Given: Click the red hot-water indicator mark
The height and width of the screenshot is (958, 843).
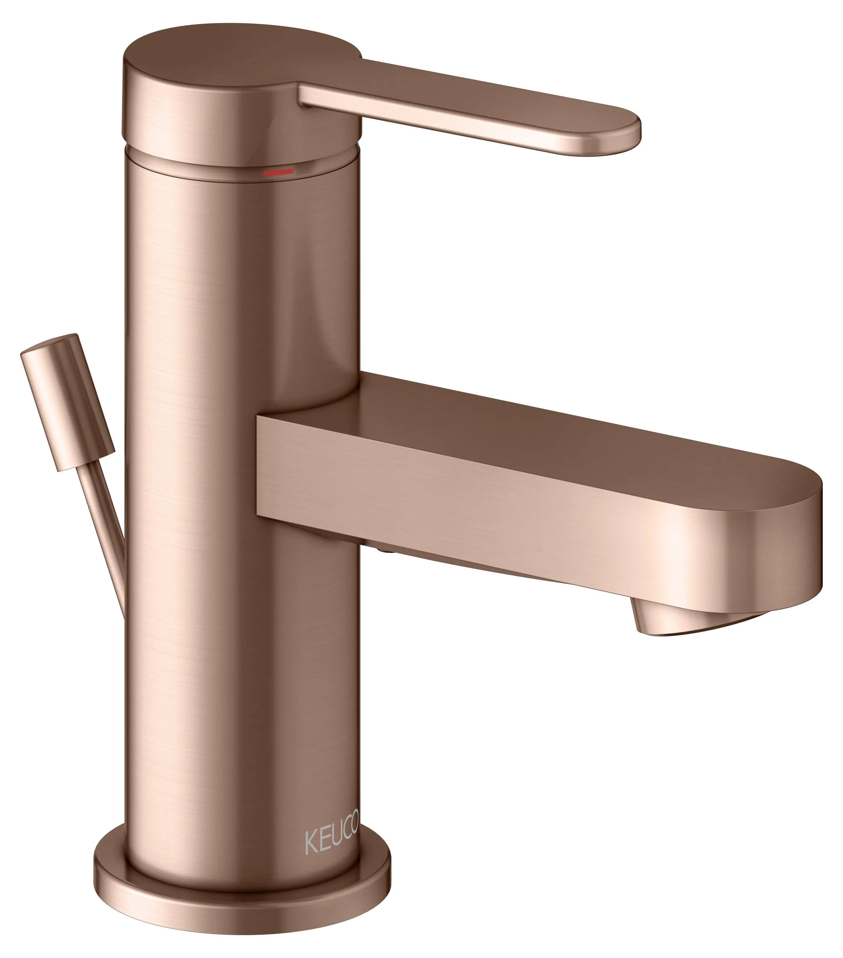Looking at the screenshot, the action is click(x=278, y=173).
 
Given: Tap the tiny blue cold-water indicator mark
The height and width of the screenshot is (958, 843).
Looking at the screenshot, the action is click(x=359, y=147).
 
